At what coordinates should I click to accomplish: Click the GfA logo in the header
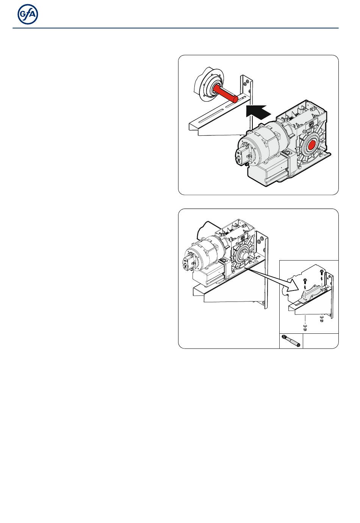click(x=28, y=14)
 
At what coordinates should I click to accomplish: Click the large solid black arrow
click(x=258, y=112)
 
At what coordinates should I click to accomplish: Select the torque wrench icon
click(x=291, y=341)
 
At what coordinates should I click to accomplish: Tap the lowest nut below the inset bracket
click(x=305, y=330)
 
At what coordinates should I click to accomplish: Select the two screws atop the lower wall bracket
click(x=260, y=243)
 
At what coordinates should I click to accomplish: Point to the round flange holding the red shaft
click(x=209, y=85)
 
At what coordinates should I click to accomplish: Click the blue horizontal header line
click(x=175, y=28)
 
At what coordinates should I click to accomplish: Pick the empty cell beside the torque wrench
click(x=321, y=341)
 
